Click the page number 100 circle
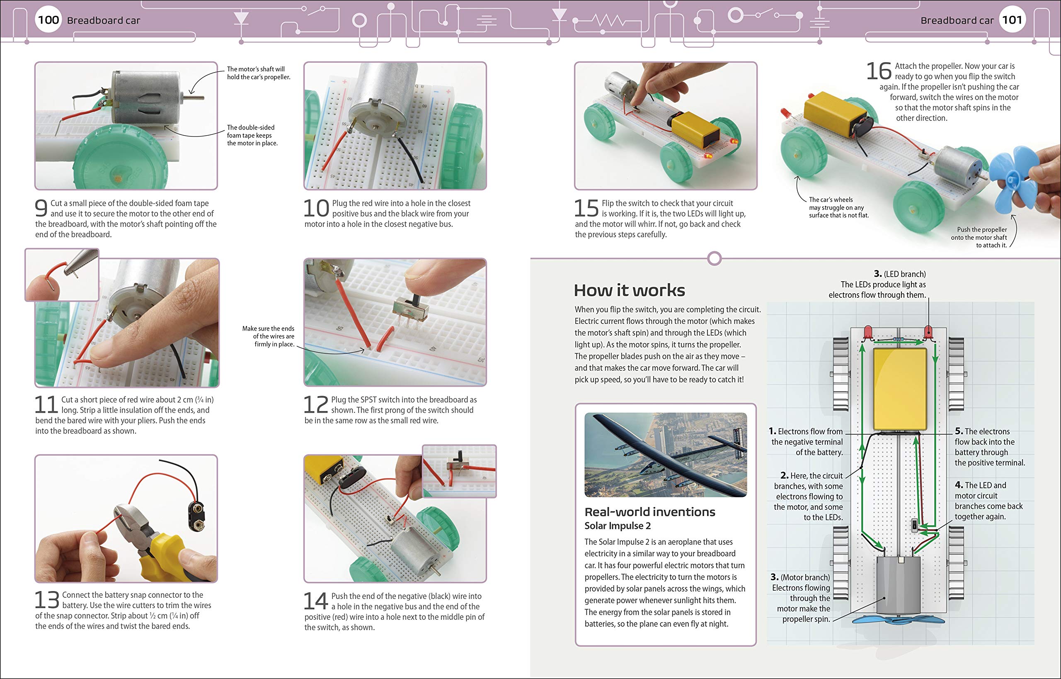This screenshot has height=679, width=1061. click(x=48, y=20)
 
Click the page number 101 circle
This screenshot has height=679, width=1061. click(x=1012, y=20)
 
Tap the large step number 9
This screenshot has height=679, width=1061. click(x=41, y=208)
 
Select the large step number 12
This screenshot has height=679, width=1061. click(x=316, y=404)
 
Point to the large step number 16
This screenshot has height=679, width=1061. click(x=878, y=71)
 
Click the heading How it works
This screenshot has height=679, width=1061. click(x=629, y=290)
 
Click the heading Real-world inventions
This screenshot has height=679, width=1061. click(x=649, y=512)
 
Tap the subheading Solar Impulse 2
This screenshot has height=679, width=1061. click(x=617, y=526)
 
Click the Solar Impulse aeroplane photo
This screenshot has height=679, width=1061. click(x=665, y=455)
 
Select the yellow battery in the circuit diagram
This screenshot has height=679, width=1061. click(x=900, y=389)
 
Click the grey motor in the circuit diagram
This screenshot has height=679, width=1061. click(x=898, y=585)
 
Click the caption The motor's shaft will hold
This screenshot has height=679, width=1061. click(x=258, y=73)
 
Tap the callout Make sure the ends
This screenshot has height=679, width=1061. click(x=268, y=336)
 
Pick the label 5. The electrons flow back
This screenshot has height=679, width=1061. click(x=989, y=447)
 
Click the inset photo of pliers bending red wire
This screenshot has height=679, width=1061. click(x=62, y=275)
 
